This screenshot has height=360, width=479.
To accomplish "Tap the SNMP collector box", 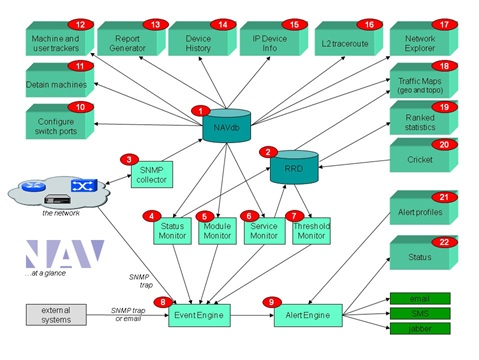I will (x=151, y=172).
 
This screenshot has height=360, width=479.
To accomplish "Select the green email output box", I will (x=418, y=298).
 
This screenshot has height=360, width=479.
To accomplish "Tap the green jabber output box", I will (x=418, y=328).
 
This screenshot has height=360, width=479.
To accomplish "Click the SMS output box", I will (x=418, y=313).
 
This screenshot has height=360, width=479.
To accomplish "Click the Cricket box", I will (x=420, y=158).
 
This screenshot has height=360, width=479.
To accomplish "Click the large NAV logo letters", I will (x=64, y=254).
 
